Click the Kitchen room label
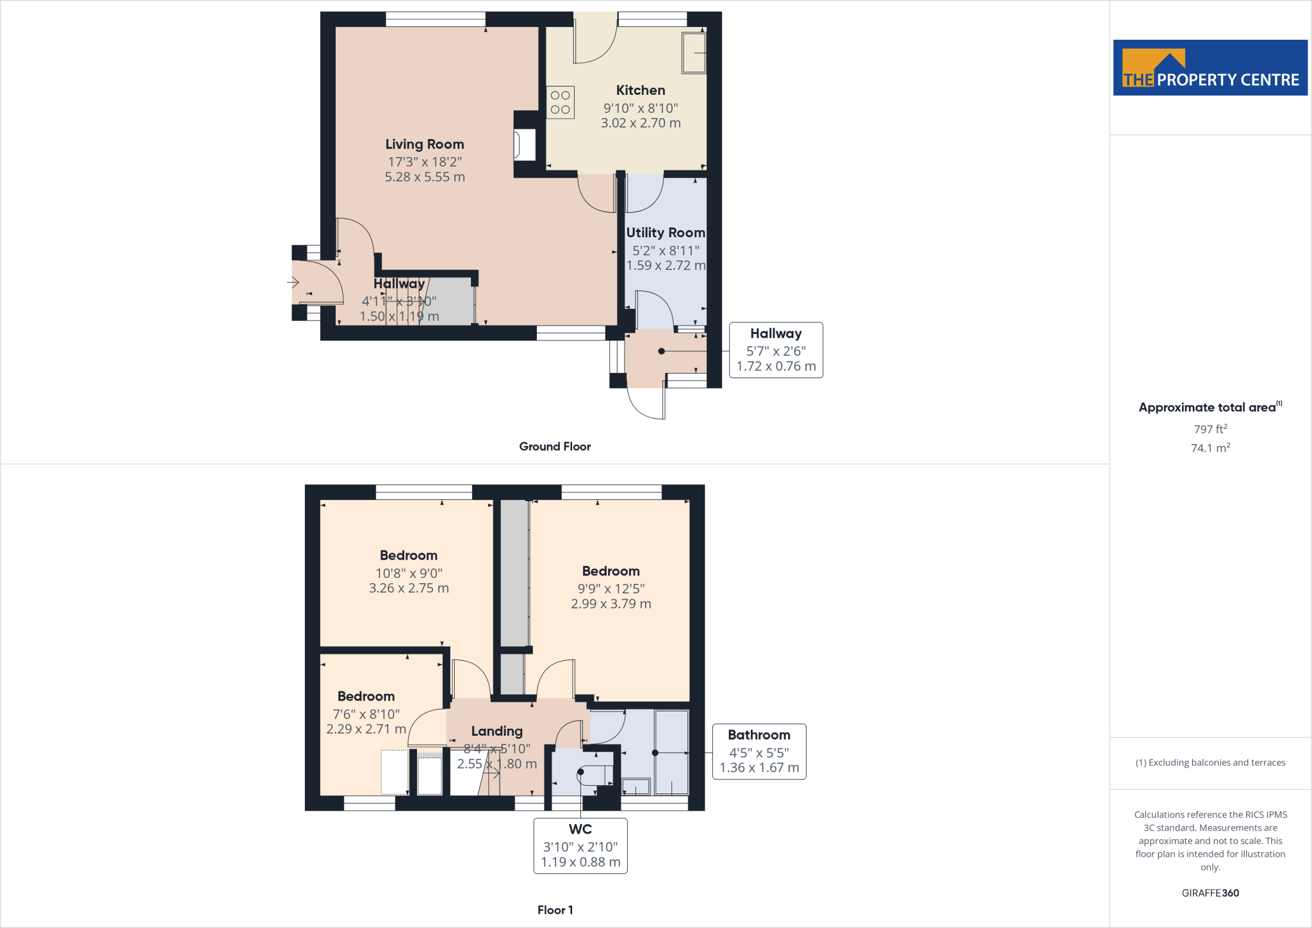click(x=640, y=90)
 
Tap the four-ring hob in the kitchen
click(x=561, y=103)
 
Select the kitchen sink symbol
click(x=694, y=53)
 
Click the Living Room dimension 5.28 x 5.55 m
click(x=425, y=177)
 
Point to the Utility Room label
click(x=665, y=233)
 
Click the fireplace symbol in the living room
click(x=524, y=145)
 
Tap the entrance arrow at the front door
click(x=293, y=282)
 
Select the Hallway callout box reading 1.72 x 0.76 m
click(x=776, y=350)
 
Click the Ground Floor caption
click(x=555, y=447)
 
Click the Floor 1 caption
click(x=555, y=910)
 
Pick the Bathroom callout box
click(x=759, y=751)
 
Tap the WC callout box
click(x=580, y=845)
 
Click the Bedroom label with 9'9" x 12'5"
click(x=611, y=571)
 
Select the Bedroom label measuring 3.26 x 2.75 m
click(x=409, y=556)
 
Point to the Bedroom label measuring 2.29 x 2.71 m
click(x=366, y=697)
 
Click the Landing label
click(x=496, y=731)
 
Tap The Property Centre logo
click(x=1210, y=68)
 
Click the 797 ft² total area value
click(x=1210, y=429)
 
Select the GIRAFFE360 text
click(x=1210, y=893)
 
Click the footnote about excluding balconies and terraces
click(x=1210, y=763)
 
